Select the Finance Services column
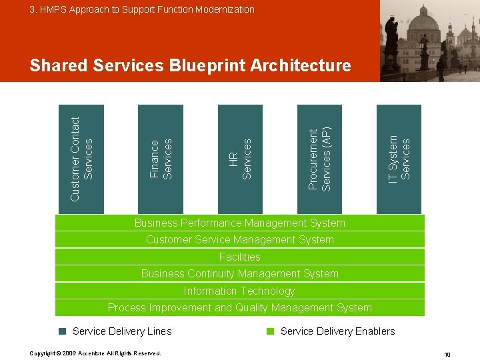[x=160, y=159]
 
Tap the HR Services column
[x=240, y=159]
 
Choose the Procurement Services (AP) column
[x=319, y=159]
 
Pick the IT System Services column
[x=399, y=159]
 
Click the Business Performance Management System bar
[x=240, y=223]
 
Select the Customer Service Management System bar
[x=240, y=240]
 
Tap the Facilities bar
[x=240, y=257]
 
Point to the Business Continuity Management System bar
[x=240, y=274]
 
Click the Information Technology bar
[x=240, y=291]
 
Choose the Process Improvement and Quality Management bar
[x=240, y=308]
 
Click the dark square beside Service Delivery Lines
[x=62, y=331]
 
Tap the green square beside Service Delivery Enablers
[x=271, y=331]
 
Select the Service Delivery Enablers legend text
[x=337, y=331]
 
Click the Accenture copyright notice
[x=95, y=353]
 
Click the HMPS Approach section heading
[x=141, y=9]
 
